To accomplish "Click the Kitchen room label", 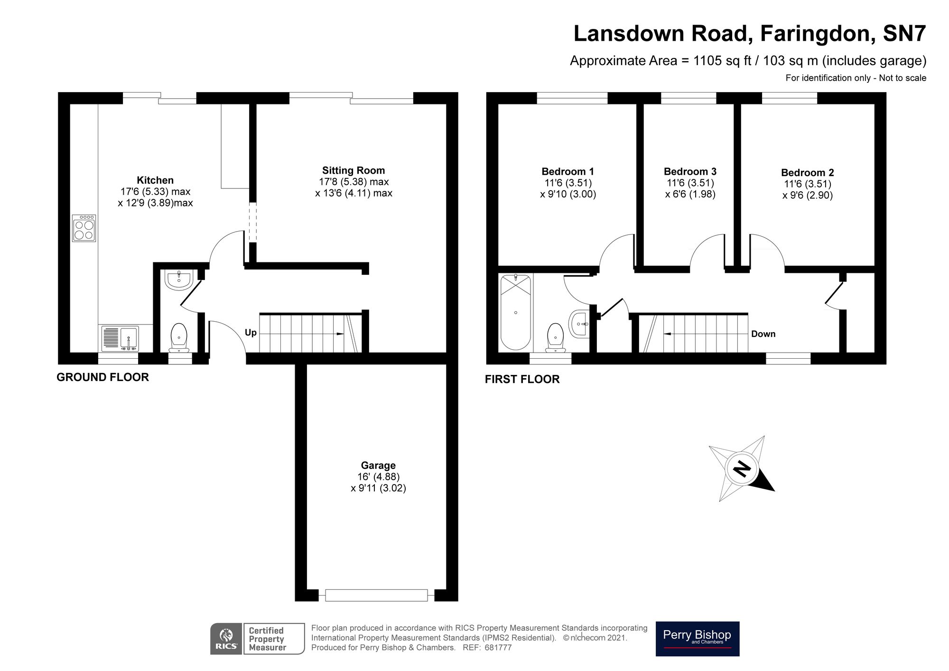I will click(155, 180).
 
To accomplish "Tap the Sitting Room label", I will click(354, 170).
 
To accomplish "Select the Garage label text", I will click(378, 466).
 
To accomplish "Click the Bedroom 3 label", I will click(690, 171).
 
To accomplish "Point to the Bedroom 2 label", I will click(807, 173).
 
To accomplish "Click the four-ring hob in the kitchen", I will click(84, 228).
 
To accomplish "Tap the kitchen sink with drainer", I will click(120, 338).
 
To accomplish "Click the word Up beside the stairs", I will click(251, 333).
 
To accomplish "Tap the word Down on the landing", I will click(763, 334).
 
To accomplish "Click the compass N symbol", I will click(741, 469).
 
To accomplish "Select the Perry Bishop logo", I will click(697, 639).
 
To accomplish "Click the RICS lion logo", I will click(226, 639).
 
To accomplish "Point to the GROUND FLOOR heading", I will click(102, 377).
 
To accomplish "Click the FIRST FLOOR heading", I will click(522, 379).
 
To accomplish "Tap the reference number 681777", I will click(498, 648).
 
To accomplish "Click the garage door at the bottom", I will click(377, 595).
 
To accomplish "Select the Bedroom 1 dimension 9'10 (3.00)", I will click(568, 194).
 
